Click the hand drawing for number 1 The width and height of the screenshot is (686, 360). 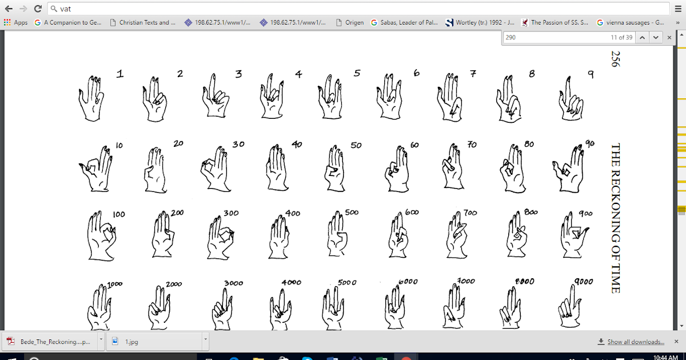tap(91, 98)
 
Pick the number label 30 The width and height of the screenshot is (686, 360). tap(238, 144)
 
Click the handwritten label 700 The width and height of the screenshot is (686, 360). tap(470, 213)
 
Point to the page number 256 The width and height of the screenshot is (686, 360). tap(615, 58)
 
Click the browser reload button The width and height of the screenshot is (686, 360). tap(38, 9)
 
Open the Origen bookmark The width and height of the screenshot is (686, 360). tap(349, 23)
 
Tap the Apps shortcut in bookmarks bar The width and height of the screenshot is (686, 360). tap(16, 23)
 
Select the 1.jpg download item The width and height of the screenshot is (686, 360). tap(131, 342)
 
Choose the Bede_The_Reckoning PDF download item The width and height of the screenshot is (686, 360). tap(49, 342)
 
